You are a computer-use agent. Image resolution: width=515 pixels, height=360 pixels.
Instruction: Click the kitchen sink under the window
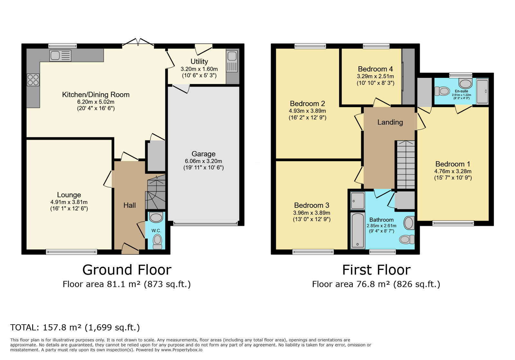(x=60, y=56)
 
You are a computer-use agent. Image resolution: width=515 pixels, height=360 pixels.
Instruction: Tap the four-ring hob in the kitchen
(x=33, y=80)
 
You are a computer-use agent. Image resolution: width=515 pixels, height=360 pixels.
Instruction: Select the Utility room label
(x=199, y=61)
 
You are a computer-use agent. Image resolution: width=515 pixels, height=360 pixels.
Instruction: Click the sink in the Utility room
(x=232, y=61)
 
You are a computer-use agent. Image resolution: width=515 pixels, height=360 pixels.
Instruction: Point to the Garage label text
(x=203, y=154)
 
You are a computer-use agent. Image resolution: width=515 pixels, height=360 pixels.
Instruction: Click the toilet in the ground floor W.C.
(x=157, y=242)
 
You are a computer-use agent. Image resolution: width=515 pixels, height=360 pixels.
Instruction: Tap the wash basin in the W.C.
(x=156, y=217)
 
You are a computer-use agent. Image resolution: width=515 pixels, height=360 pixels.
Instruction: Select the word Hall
(x=129, y=205)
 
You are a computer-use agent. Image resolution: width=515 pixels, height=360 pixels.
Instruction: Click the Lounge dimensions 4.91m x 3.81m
(x=69, y=202)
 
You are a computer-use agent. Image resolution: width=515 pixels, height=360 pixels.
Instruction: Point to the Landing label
(x=390, y=122)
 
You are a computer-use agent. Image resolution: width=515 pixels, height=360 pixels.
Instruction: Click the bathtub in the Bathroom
(x=358, y=230)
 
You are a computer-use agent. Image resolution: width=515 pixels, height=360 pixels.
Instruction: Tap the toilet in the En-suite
(x=442, y=91)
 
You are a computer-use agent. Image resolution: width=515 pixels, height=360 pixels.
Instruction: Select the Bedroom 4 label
(x=375, y=69)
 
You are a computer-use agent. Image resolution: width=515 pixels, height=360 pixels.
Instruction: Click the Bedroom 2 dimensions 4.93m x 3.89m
(x=307, y=111)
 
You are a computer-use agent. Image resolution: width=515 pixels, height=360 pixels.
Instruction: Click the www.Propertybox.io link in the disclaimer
(x=182, y=350)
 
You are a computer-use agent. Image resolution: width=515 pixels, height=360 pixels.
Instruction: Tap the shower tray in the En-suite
(x=482, y=91)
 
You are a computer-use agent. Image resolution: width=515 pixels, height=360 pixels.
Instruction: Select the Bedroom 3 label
(x=312, y=205)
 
